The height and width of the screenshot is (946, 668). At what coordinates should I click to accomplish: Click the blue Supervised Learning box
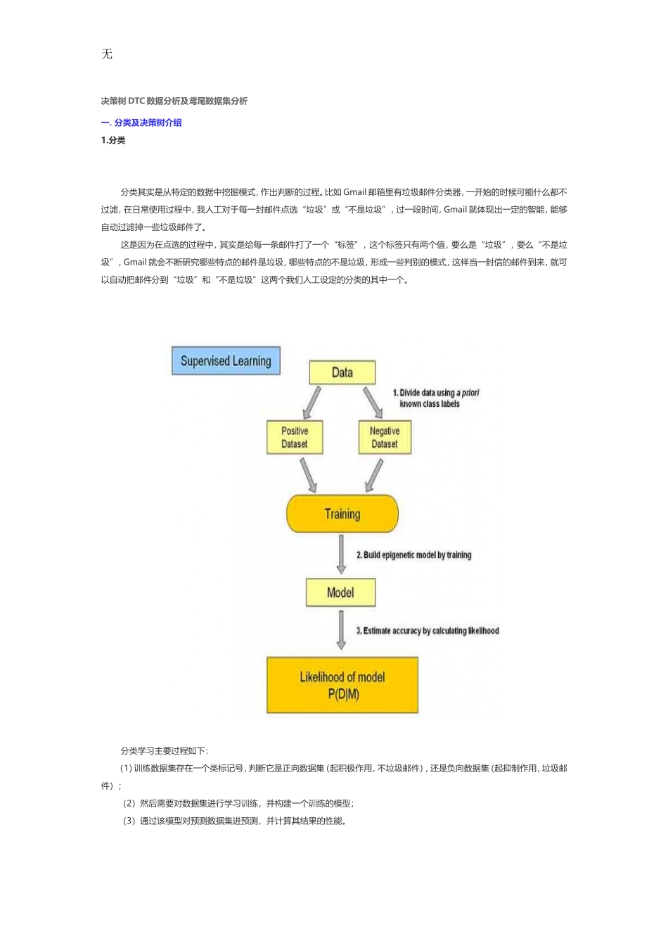(x=226, y=361)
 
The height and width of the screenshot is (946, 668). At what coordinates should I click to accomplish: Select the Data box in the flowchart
(x=342, y=372)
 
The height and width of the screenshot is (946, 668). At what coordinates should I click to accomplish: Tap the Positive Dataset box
(x=295, y=437)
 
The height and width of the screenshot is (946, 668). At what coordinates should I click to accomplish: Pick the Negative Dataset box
(x=385, y=437)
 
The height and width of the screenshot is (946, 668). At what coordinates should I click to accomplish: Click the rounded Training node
(x=342, y=514)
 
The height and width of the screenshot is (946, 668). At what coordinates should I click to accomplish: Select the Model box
(x=340, y=593)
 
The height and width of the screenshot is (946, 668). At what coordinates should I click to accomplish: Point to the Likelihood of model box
(x=342, y=685)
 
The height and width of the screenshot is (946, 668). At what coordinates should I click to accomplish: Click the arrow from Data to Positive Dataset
(x=311, y=403)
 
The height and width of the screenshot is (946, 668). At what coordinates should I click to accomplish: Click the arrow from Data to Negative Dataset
(x=373, y=403)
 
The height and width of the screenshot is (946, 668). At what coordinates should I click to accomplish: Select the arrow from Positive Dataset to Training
(x=309, y=475)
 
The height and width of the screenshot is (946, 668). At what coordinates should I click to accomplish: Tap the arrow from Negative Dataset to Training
(x=374, y=475)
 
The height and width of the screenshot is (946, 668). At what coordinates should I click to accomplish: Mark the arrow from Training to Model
(x=341, y=555)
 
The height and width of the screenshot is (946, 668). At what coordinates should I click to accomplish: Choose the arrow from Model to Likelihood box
(x=341, y=630)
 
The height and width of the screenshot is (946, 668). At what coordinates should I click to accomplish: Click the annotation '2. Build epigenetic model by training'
(x=413, y=555)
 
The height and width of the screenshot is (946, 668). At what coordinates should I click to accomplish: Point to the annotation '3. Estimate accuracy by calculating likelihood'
(x=428, y=631)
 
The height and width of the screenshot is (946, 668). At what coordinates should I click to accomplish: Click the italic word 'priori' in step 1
(x=470, y=393)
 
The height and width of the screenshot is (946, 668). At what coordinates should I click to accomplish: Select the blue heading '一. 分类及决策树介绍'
(x=141, y=122)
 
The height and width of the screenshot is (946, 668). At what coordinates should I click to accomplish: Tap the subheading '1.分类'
(x=113, y=140)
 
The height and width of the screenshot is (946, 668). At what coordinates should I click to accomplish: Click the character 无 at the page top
(x=107, y=54)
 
